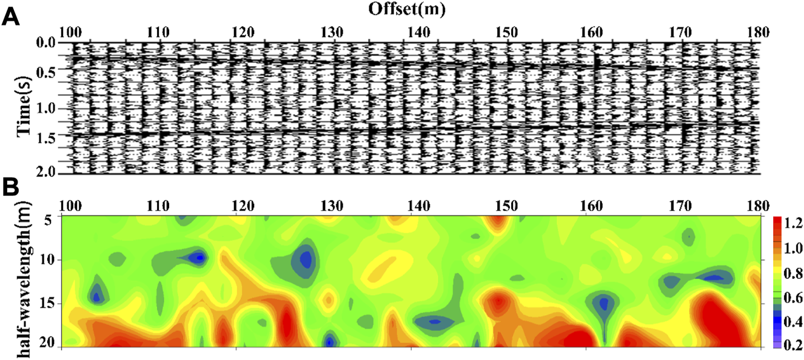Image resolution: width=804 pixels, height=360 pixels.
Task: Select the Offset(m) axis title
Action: point(410,8)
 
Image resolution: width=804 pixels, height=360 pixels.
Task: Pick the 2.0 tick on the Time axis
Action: point(47,173)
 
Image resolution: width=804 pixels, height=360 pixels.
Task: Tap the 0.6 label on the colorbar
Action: point(789,297)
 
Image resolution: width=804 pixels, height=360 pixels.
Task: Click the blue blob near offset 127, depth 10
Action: point(304,261)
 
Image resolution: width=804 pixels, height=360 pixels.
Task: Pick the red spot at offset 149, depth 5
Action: point(497,222)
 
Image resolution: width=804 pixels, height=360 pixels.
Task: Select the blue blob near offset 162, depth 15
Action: point(603,303)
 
